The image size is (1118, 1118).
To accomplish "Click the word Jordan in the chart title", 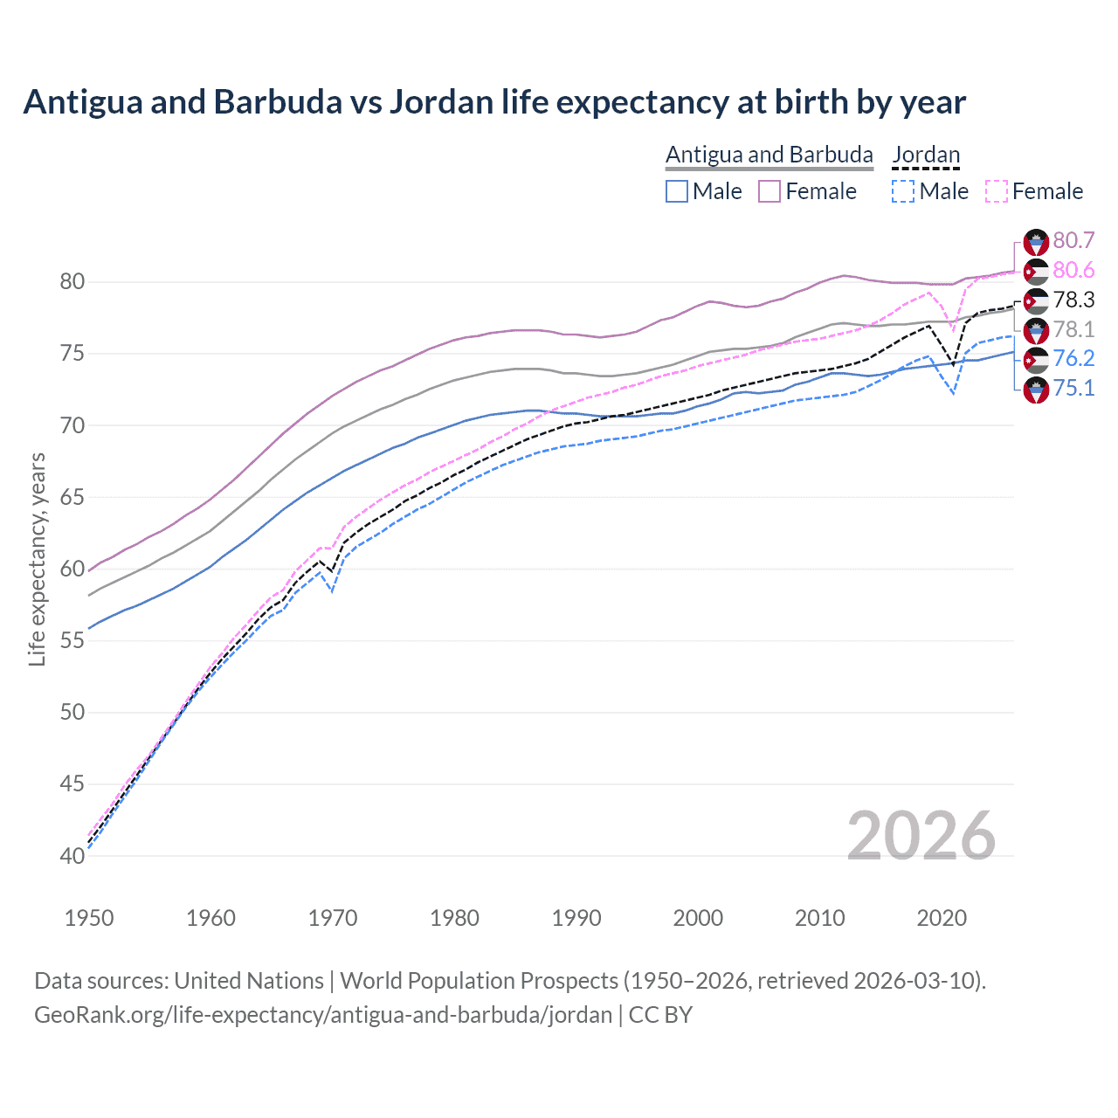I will tap(441, 102).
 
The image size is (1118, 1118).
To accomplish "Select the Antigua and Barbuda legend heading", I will tap(769, 155).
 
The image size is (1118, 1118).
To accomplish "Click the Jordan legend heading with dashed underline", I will tap(926, 155).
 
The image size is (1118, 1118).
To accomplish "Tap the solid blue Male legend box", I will tap(677, 191).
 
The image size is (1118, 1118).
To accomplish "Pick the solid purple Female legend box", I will tap(769, 191).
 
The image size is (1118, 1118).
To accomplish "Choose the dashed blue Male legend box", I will tap(903, 191).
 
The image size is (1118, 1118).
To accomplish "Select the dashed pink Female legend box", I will tap(997, 191).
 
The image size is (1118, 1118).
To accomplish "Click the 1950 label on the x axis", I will tap(89, 918).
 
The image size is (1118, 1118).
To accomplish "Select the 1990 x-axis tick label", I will tap(576, 918).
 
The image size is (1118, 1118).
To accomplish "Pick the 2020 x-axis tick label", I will tap(942, 918).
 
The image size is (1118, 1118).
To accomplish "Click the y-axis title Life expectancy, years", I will tap(37, 559).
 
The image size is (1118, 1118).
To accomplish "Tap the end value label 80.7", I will tap(1073, 240).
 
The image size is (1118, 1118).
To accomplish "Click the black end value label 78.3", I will tap(1073, 300).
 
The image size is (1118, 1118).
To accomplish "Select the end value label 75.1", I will tap(1073, 388).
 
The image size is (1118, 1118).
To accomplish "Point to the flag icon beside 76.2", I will tap(1036, 359).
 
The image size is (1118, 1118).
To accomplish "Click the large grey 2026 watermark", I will tap(921, 836).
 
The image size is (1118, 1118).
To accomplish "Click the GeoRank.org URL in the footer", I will tap(323, 1015).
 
